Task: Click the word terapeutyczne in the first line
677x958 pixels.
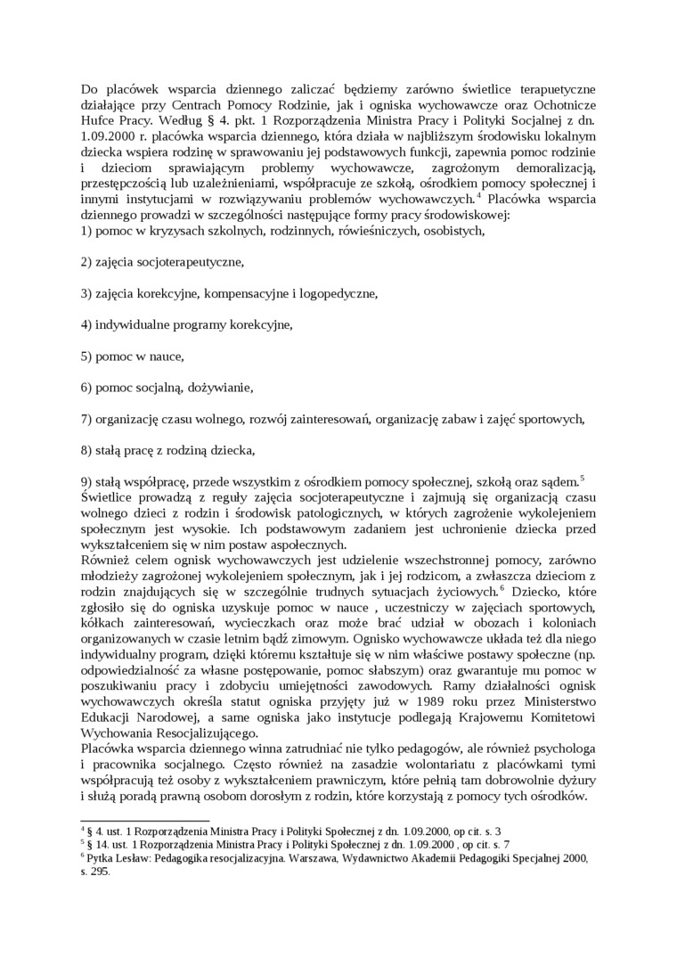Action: pos(551,88)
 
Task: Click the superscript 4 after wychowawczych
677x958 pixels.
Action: pos(479,193)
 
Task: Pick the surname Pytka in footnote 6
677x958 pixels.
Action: pos(100,859)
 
